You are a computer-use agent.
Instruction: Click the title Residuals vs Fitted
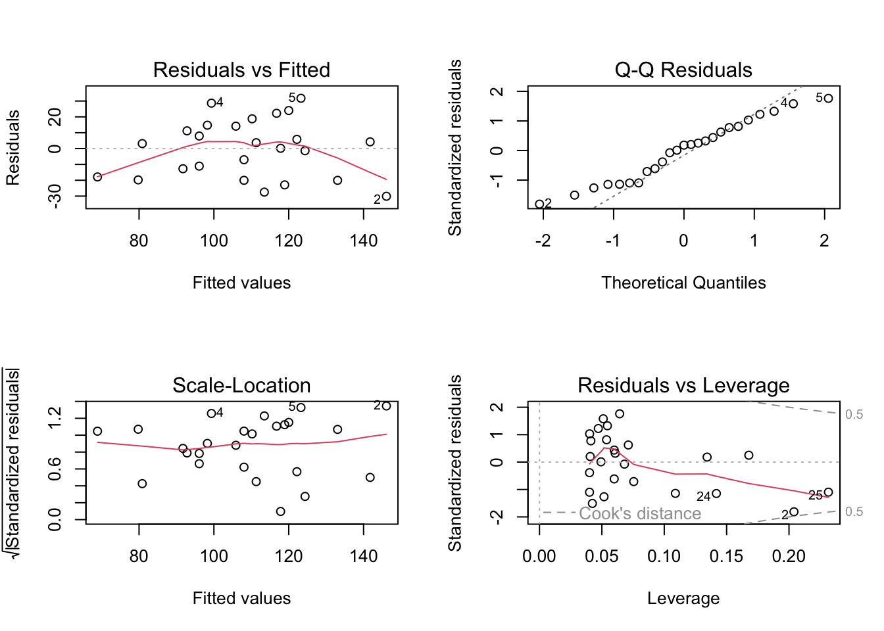(241, 70)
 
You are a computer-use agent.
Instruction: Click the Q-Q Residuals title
(683, 70)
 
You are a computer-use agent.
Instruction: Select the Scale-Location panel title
(241, 385)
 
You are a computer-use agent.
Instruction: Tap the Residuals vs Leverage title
(683, 385)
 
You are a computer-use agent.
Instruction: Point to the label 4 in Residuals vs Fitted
(220, 103)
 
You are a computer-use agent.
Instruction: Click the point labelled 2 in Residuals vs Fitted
(386, 196)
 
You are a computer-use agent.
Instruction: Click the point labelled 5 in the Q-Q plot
(828, 99)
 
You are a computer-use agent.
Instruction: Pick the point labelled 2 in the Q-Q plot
(540, 204)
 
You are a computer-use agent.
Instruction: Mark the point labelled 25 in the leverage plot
(828, 492)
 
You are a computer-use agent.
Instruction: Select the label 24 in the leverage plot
(704, 497)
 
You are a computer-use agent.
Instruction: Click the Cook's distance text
(640, 513)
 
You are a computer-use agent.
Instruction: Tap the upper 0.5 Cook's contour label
(854, 414)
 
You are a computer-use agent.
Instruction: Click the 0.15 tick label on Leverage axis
(726, 557)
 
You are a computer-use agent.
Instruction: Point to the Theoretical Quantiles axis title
(683, 283)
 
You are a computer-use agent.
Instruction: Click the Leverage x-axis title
(683, 598)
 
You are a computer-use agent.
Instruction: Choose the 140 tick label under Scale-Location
(364, 557)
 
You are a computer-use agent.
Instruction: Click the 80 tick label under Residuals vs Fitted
(139, 241)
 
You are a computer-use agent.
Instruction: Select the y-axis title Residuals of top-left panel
(13, 148)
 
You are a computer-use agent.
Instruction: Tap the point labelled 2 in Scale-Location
(386, 406)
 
